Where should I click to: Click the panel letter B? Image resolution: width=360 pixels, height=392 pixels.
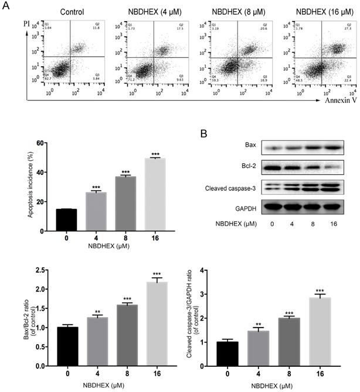tap(202, 134)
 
